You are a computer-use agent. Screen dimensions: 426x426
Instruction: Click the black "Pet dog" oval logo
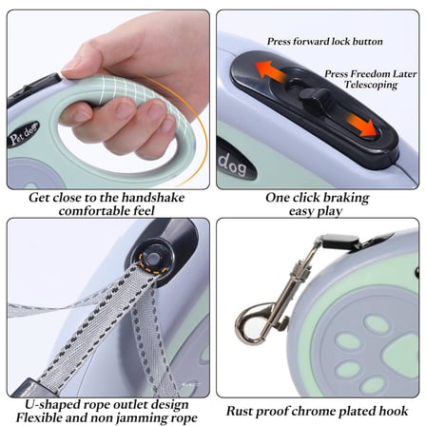tap(23, 134)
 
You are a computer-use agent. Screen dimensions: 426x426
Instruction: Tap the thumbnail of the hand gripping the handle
tap(108, 100)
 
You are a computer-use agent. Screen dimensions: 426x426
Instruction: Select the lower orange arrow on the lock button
tap(361, 126)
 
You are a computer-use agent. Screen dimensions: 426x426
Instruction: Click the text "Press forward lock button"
tap(325, 42)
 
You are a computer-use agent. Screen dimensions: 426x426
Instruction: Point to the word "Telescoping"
tap(371, 85)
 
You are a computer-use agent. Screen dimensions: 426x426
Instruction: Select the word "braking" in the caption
tap(343, 198)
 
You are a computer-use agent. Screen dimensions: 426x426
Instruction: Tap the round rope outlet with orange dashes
tap(155, 260)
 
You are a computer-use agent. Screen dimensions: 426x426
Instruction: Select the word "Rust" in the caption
tap(240, 411)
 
